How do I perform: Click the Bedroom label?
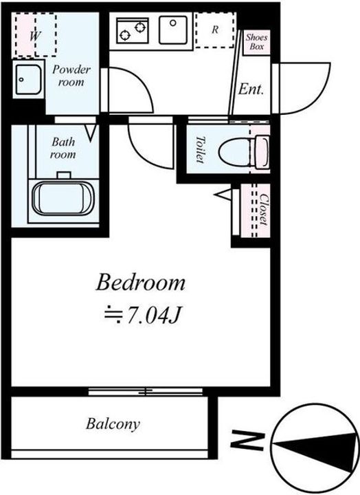(140, 283)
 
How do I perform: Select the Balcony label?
(113, 424)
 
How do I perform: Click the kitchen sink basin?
(173, 30)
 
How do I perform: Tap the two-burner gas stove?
(132, 31)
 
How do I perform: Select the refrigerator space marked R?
(215, 30)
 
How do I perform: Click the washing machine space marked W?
(36, 35)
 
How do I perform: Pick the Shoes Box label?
(256, 42)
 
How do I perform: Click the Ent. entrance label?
(251, 89)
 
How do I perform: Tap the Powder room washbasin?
(29, 80)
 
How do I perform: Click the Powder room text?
(71, 76)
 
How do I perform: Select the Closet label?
(264, 209)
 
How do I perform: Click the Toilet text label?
(200, 149)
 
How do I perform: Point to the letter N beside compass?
(247, 440)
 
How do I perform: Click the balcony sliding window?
(145, 392)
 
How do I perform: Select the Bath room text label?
(63, 148)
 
